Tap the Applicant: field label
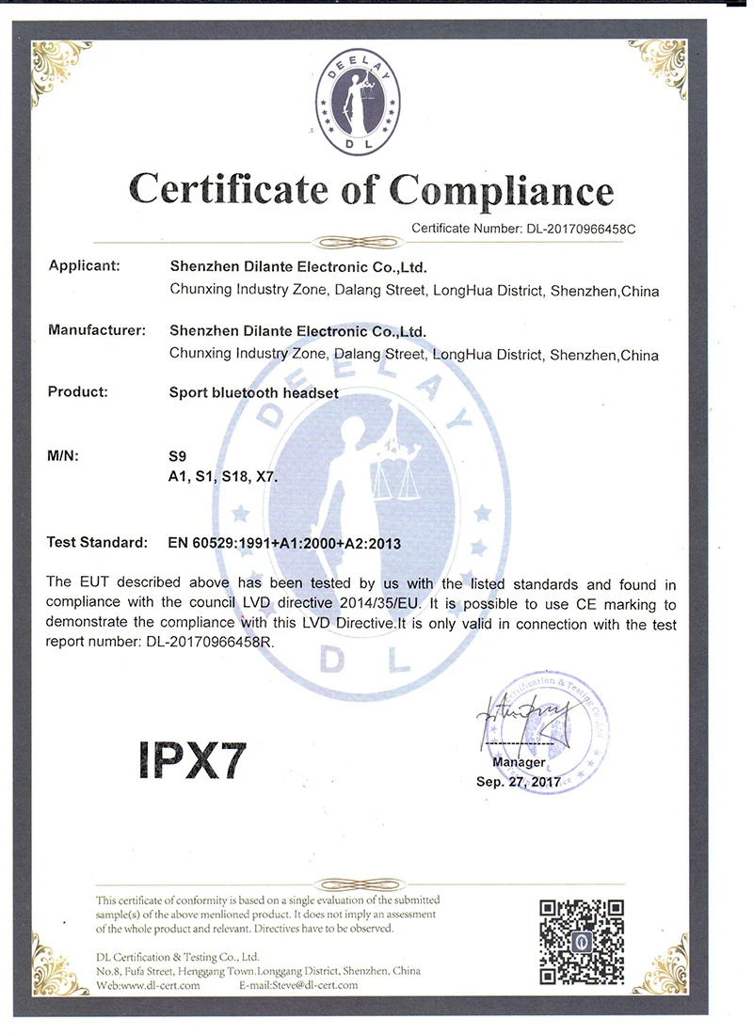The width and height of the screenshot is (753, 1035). coord(84,266)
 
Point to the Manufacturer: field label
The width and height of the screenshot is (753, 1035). coord(96,331)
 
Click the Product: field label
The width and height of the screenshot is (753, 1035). coord(77,391)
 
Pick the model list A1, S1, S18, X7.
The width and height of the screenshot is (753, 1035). coord(222,478)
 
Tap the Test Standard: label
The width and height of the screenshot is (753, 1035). coord(97,543)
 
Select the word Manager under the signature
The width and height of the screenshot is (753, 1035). coord(519,762)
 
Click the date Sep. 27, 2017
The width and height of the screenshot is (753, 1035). coord(519,781)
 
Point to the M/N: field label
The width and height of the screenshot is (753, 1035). coord(63,456)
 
